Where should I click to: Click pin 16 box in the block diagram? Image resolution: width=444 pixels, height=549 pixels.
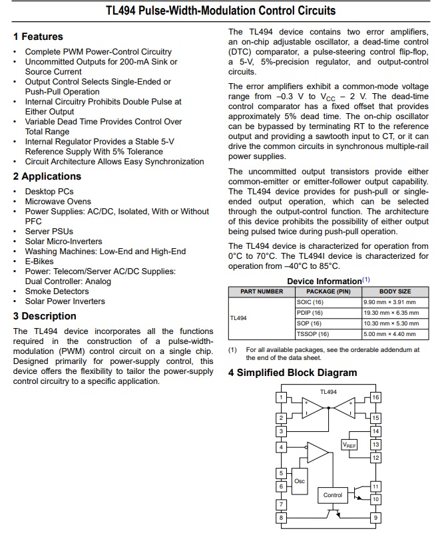tap(375, 397)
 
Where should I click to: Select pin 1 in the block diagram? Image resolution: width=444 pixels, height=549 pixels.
tap(281, 397)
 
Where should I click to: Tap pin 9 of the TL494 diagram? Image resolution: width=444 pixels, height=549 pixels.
tap(375, 517)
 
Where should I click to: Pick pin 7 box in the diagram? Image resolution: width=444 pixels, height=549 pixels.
tap(281, 504)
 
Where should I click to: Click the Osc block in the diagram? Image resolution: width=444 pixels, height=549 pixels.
tap(300, 480)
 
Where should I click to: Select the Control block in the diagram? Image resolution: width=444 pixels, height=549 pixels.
tap(333, 495)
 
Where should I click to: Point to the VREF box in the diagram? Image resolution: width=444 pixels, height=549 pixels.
tap(349, 445)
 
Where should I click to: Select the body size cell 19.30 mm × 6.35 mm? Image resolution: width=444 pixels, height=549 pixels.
tap(391, 313)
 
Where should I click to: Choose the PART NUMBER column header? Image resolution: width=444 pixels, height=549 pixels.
tap(261, 291)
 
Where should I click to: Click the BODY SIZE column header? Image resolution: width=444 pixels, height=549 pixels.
tap(395, 291)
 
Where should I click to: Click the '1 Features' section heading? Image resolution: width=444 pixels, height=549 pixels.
tap(38, 37)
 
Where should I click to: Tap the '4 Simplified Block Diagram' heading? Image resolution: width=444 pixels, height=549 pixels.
tap(292, 373)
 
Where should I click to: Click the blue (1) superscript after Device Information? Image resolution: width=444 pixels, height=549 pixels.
tap(366, 279)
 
